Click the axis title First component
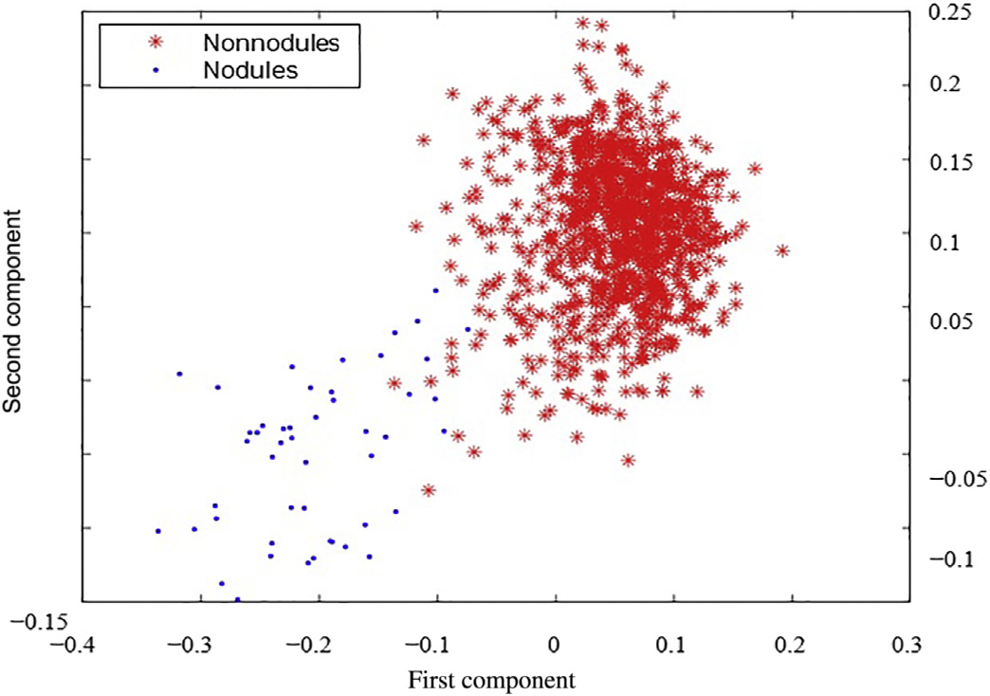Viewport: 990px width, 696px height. (491, 680)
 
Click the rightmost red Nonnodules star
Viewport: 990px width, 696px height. (782, 250)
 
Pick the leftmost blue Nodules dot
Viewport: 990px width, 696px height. (158, 531)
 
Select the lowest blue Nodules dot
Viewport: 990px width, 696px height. (237, 599)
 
